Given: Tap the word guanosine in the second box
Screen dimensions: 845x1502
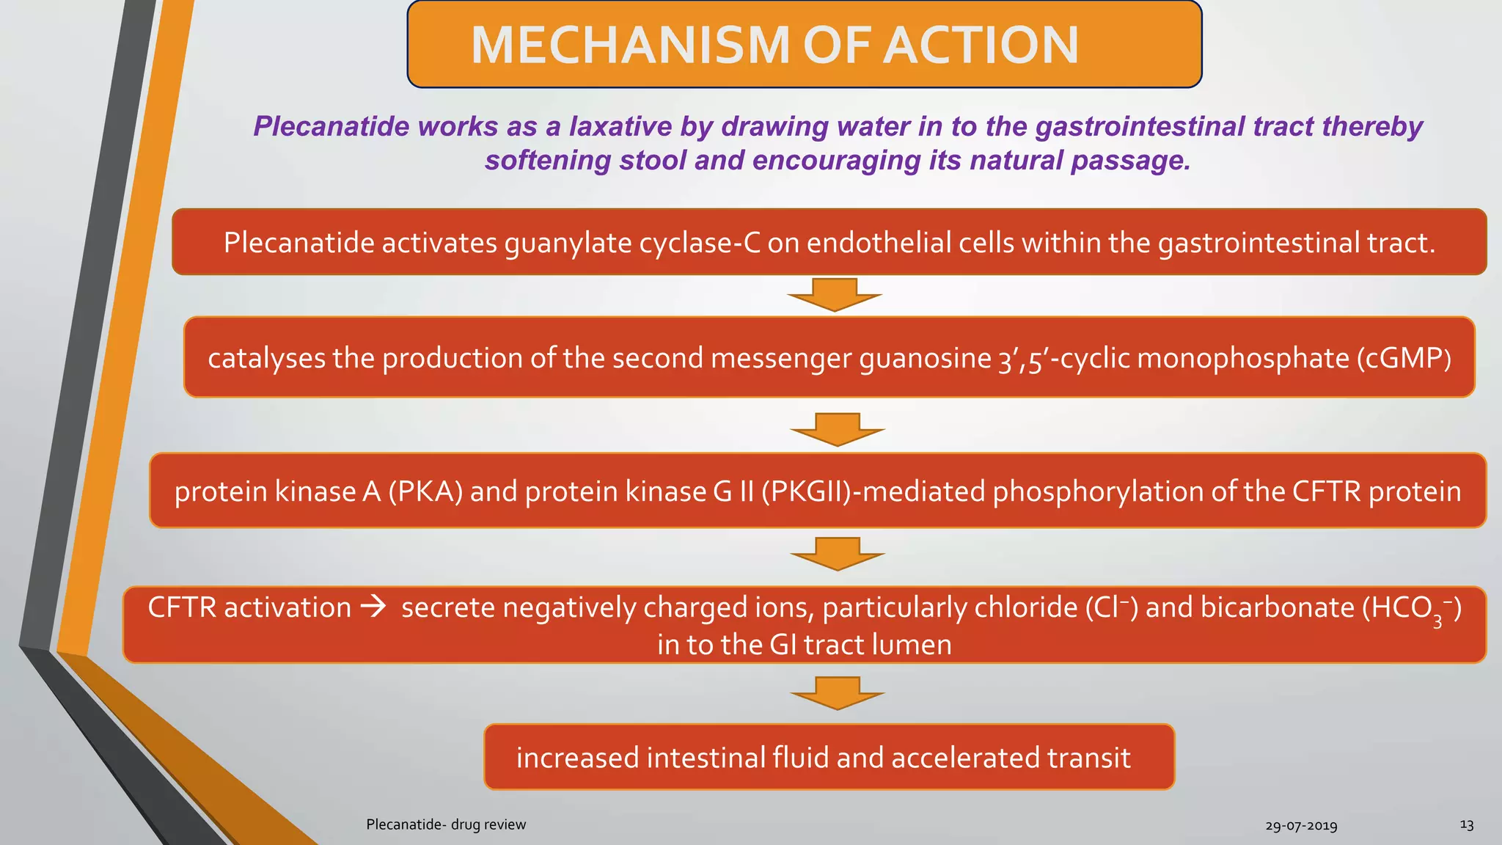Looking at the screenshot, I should point(925,358).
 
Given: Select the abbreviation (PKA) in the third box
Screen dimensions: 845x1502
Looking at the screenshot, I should point(425,491).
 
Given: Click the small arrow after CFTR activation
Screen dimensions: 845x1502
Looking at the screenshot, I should point(375,607).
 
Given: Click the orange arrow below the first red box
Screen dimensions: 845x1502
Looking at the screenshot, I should point(835,294).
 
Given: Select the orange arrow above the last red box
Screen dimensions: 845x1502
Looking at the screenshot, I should point(837,692).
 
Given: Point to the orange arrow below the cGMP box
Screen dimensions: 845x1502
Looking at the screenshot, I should point(837,429).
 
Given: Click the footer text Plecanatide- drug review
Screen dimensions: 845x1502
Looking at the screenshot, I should point(446,824).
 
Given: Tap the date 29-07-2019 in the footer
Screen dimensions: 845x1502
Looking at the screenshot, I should point(1301,826).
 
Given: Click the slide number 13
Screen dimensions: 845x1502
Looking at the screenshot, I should point(1466,824).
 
